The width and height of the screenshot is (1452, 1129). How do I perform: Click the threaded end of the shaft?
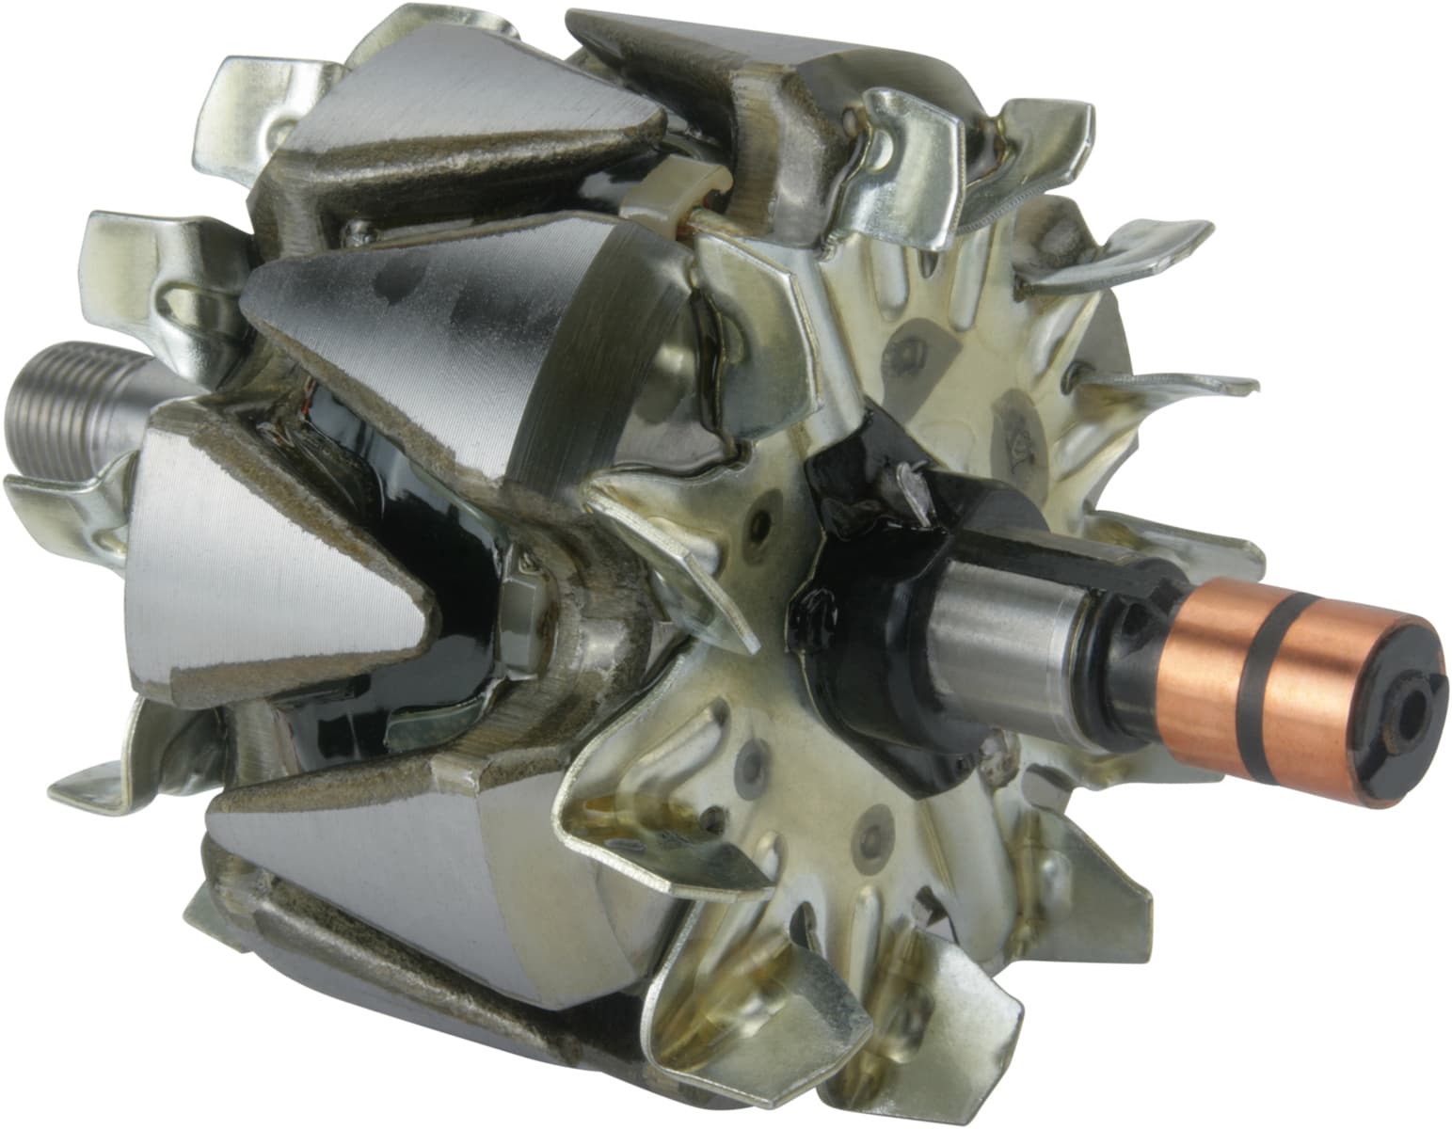tap(66, 405)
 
